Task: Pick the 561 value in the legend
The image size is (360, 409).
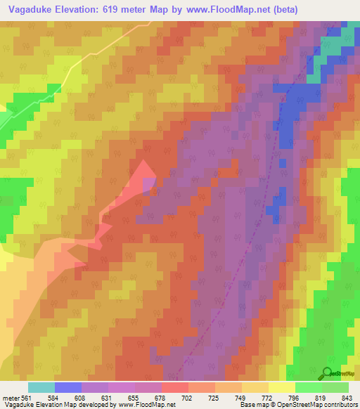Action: click(x=27, y=398)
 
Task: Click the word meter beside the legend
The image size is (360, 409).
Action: click(x=11, y=398)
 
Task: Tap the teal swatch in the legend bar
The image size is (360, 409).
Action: click(x=41, y=387)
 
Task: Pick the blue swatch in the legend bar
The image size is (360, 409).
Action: click(x=68, y=387)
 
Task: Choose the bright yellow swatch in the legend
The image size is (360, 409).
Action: click(x=282, y=387)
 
